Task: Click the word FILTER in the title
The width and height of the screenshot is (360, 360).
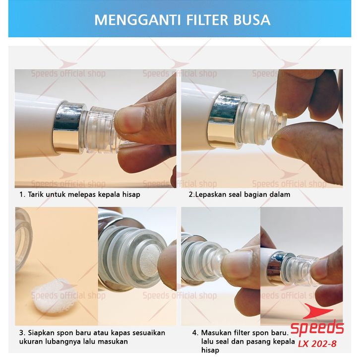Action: (207, 20)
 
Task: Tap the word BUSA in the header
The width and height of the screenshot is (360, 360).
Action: (252, 20)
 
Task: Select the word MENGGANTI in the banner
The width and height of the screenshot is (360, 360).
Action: (137, 20)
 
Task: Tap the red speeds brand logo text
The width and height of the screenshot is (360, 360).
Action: (317, 328)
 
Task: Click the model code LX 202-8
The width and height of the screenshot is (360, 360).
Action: (317, 344)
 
